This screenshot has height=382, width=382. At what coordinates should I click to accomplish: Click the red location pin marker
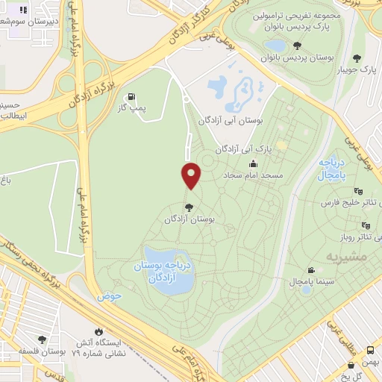tap(191, 175)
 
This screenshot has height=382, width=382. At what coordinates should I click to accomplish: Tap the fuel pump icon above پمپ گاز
tap(132, 96)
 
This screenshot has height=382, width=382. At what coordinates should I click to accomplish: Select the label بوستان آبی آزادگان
tap(232, 120)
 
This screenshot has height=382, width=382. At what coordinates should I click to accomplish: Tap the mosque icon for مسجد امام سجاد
tap(253, 163)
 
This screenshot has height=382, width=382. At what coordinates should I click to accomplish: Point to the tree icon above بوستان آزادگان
tap(189, 207)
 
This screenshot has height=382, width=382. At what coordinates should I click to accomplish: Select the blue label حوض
tap(108, 295)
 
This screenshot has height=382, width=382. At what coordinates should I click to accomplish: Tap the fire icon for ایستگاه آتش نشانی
tap(98, 331)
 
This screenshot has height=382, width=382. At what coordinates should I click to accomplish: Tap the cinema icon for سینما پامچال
tap(310, 270)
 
